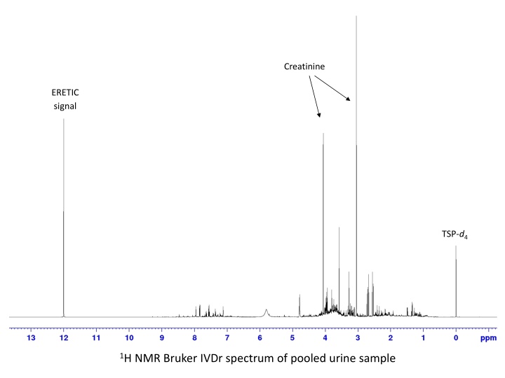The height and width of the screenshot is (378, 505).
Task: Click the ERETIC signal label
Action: click(65, 99)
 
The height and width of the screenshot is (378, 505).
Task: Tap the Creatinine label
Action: click(304, 66)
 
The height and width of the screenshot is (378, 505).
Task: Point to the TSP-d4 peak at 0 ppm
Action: click(456, 280)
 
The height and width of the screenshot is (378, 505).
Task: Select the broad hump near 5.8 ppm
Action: click(266, 311)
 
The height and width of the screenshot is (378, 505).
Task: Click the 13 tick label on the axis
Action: click(31, 337)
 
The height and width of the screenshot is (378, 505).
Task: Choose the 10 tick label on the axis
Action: click(129, 337)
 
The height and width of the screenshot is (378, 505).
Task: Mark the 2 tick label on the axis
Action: click(391, 337)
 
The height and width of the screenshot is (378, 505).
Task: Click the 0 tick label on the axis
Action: click(456, 337)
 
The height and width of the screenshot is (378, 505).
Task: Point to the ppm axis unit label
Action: click(487, 337)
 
